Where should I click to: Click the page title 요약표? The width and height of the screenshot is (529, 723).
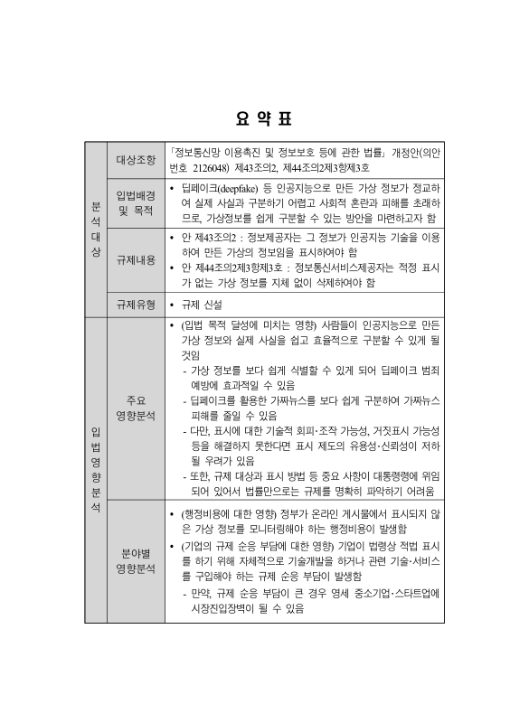tap(264, 118)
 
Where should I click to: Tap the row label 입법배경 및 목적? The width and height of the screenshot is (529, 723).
tap(136, 202)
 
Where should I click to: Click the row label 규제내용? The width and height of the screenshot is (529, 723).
tap(136, 259)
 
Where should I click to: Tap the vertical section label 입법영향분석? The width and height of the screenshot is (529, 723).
tap(96, 470)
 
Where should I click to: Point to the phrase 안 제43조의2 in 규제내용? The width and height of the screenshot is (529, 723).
tap(209, 237)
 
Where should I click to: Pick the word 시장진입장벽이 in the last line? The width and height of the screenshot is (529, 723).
tap(226, 608)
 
